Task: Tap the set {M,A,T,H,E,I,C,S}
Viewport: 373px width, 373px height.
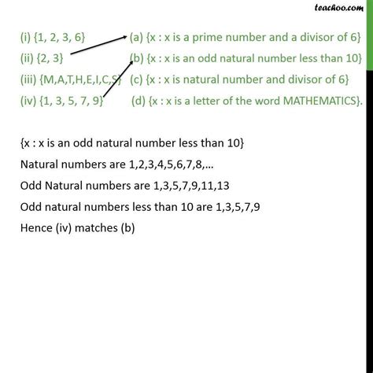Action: [82, 79]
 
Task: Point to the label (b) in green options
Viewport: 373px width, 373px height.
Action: [137, 58]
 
